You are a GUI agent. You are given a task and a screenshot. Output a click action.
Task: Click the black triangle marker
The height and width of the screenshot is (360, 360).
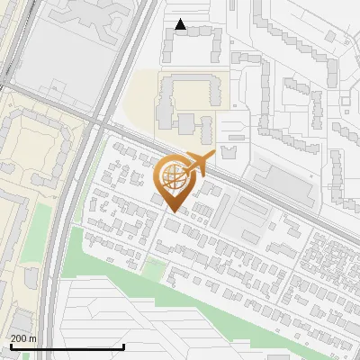pos(181,25)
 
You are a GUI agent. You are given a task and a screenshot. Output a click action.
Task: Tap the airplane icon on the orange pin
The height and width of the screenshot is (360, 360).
pos(198,164)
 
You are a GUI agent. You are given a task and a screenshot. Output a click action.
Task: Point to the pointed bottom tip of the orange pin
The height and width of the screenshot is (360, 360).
pos(173,212)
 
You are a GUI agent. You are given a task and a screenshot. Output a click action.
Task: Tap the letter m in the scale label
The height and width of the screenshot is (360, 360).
pos(33,338)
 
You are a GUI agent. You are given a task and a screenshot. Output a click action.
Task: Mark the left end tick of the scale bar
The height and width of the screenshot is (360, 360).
pos(10,346)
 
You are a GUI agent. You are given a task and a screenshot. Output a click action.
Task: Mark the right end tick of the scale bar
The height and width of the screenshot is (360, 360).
pos(123,346)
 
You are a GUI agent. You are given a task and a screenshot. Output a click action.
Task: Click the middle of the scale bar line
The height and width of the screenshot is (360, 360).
pos(67,346)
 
